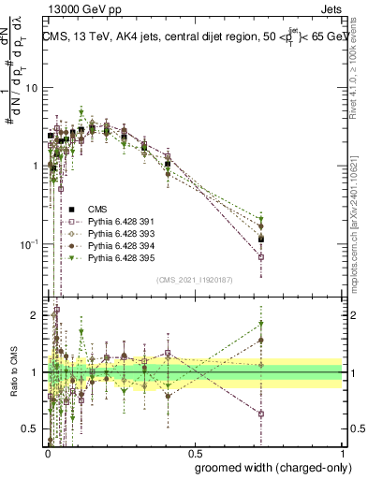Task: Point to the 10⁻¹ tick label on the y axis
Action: (30, 244)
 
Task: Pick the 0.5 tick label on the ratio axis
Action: (32, 429)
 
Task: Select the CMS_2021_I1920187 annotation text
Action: (193, 280)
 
